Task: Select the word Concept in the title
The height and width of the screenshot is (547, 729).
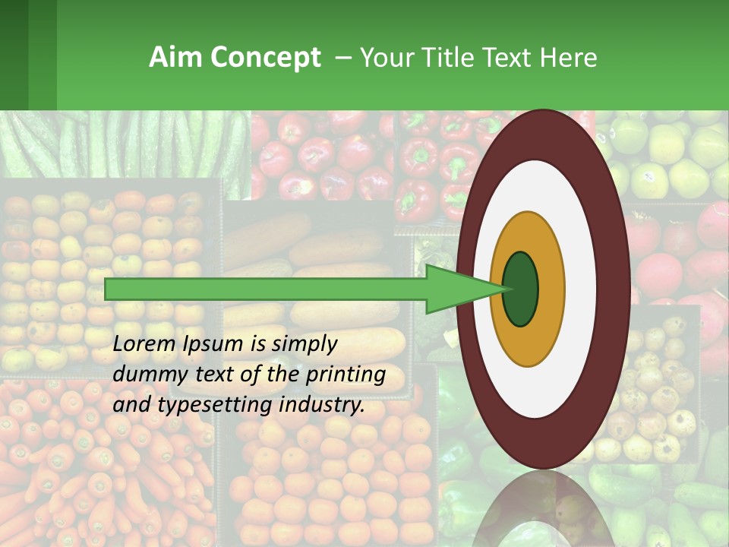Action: (x=265, y=58)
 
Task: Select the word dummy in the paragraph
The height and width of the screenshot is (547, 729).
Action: (x=144, y=375)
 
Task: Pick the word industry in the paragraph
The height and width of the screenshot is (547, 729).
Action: (x=318, y=405)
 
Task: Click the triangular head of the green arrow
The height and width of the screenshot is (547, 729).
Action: (x=456, y=289)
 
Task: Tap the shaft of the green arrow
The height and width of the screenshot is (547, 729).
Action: (x=266, y=289)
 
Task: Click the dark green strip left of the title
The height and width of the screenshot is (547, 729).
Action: (x=28, y=55)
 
